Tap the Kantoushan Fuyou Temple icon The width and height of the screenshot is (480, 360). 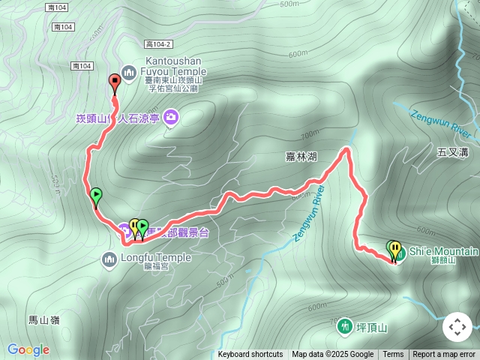tap(127, 70)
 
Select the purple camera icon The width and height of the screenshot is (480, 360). tap(172, 117)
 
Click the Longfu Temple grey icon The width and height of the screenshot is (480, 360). tap(109, 259)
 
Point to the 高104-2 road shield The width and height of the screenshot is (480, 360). tap(160, 45)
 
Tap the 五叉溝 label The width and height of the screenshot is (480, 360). tap(452, 152)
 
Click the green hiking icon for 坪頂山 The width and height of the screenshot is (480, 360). tap(343, 326)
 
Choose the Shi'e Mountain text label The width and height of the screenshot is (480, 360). tap(444, 250)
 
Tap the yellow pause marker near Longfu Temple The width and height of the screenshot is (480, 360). tap(134, 225)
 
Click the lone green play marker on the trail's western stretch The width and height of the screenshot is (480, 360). tap(96, 196)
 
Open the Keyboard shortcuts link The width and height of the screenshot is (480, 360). tap(250, 355)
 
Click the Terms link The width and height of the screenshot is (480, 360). tap(393, 355)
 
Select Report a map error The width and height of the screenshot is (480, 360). tap(444, 355)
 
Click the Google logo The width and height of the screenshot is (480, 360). tap(28, 349)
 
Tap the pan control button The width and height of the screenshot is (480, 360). tap(457, 327)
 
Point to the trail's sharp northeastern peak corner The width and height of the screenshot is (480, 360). tap(347, 150)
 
